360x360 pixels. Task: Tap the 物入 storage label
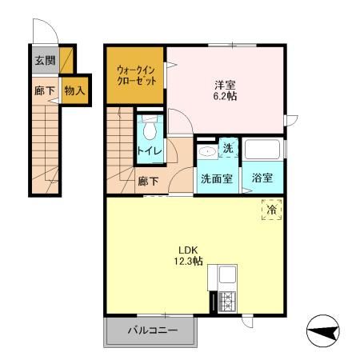pyautogui.click(x=75, y=90)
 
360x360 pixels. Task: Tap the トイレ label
pyautogui.click(x=148, y=151)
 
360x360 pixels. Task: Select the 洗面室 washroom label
pyautogui.click(x=216, y=178)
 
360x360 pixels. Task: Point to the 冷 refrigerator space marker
pyautogui.click(x=271, y=210)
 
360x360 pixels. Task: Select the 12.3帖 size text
pyautogui.click(x=189, y=261)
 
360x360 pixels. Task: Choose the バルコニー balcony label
pyautogui.click(x=150, y=330)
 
